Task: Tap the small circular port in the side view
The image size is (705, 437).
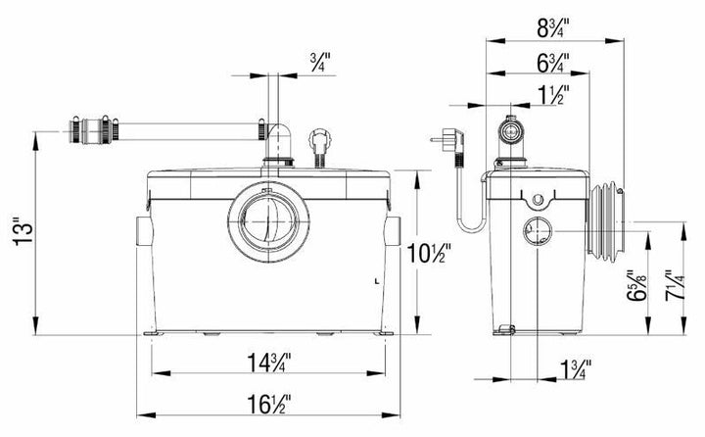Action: point(537,232)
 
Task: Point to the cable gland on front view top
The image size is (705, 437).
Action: point(318,144)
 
